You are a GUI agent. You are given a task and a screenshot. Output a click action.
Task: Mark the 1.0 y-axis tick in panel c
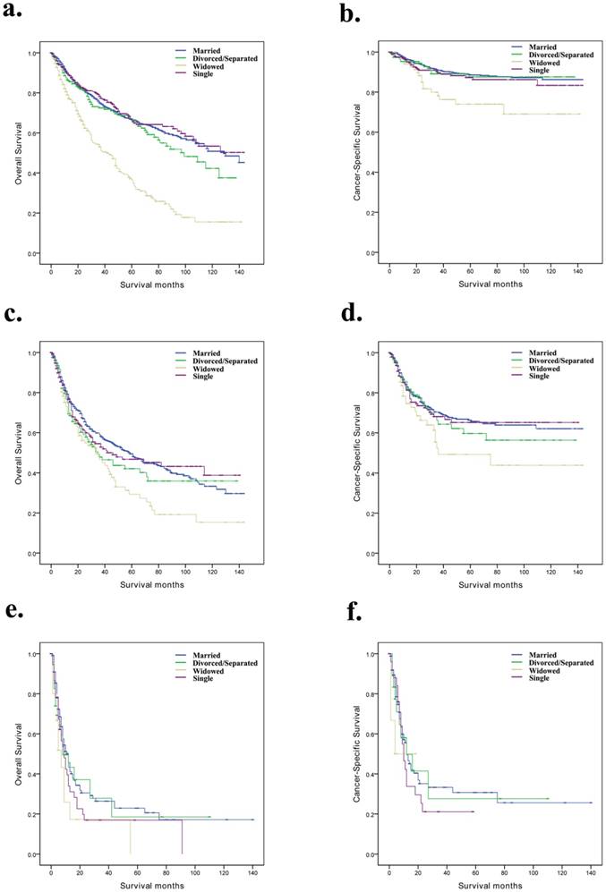pos(35,353)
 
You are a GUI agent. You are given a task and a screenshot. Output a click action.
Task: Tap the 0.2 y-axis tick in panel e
pos(35,815)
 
